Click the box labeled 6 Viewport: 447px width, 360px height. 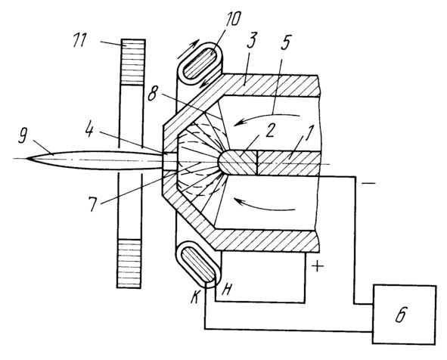click(x=404, y=315)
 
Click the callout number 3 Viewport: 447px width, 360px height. click(x=253, y=41)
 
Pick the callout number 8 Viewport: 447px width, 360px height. click(x=152, y=93)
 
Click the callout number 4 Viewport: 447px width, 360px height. click(x=90, y=130)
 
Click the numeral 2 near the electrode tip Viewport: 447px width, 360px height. click(x=270, y=132)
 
